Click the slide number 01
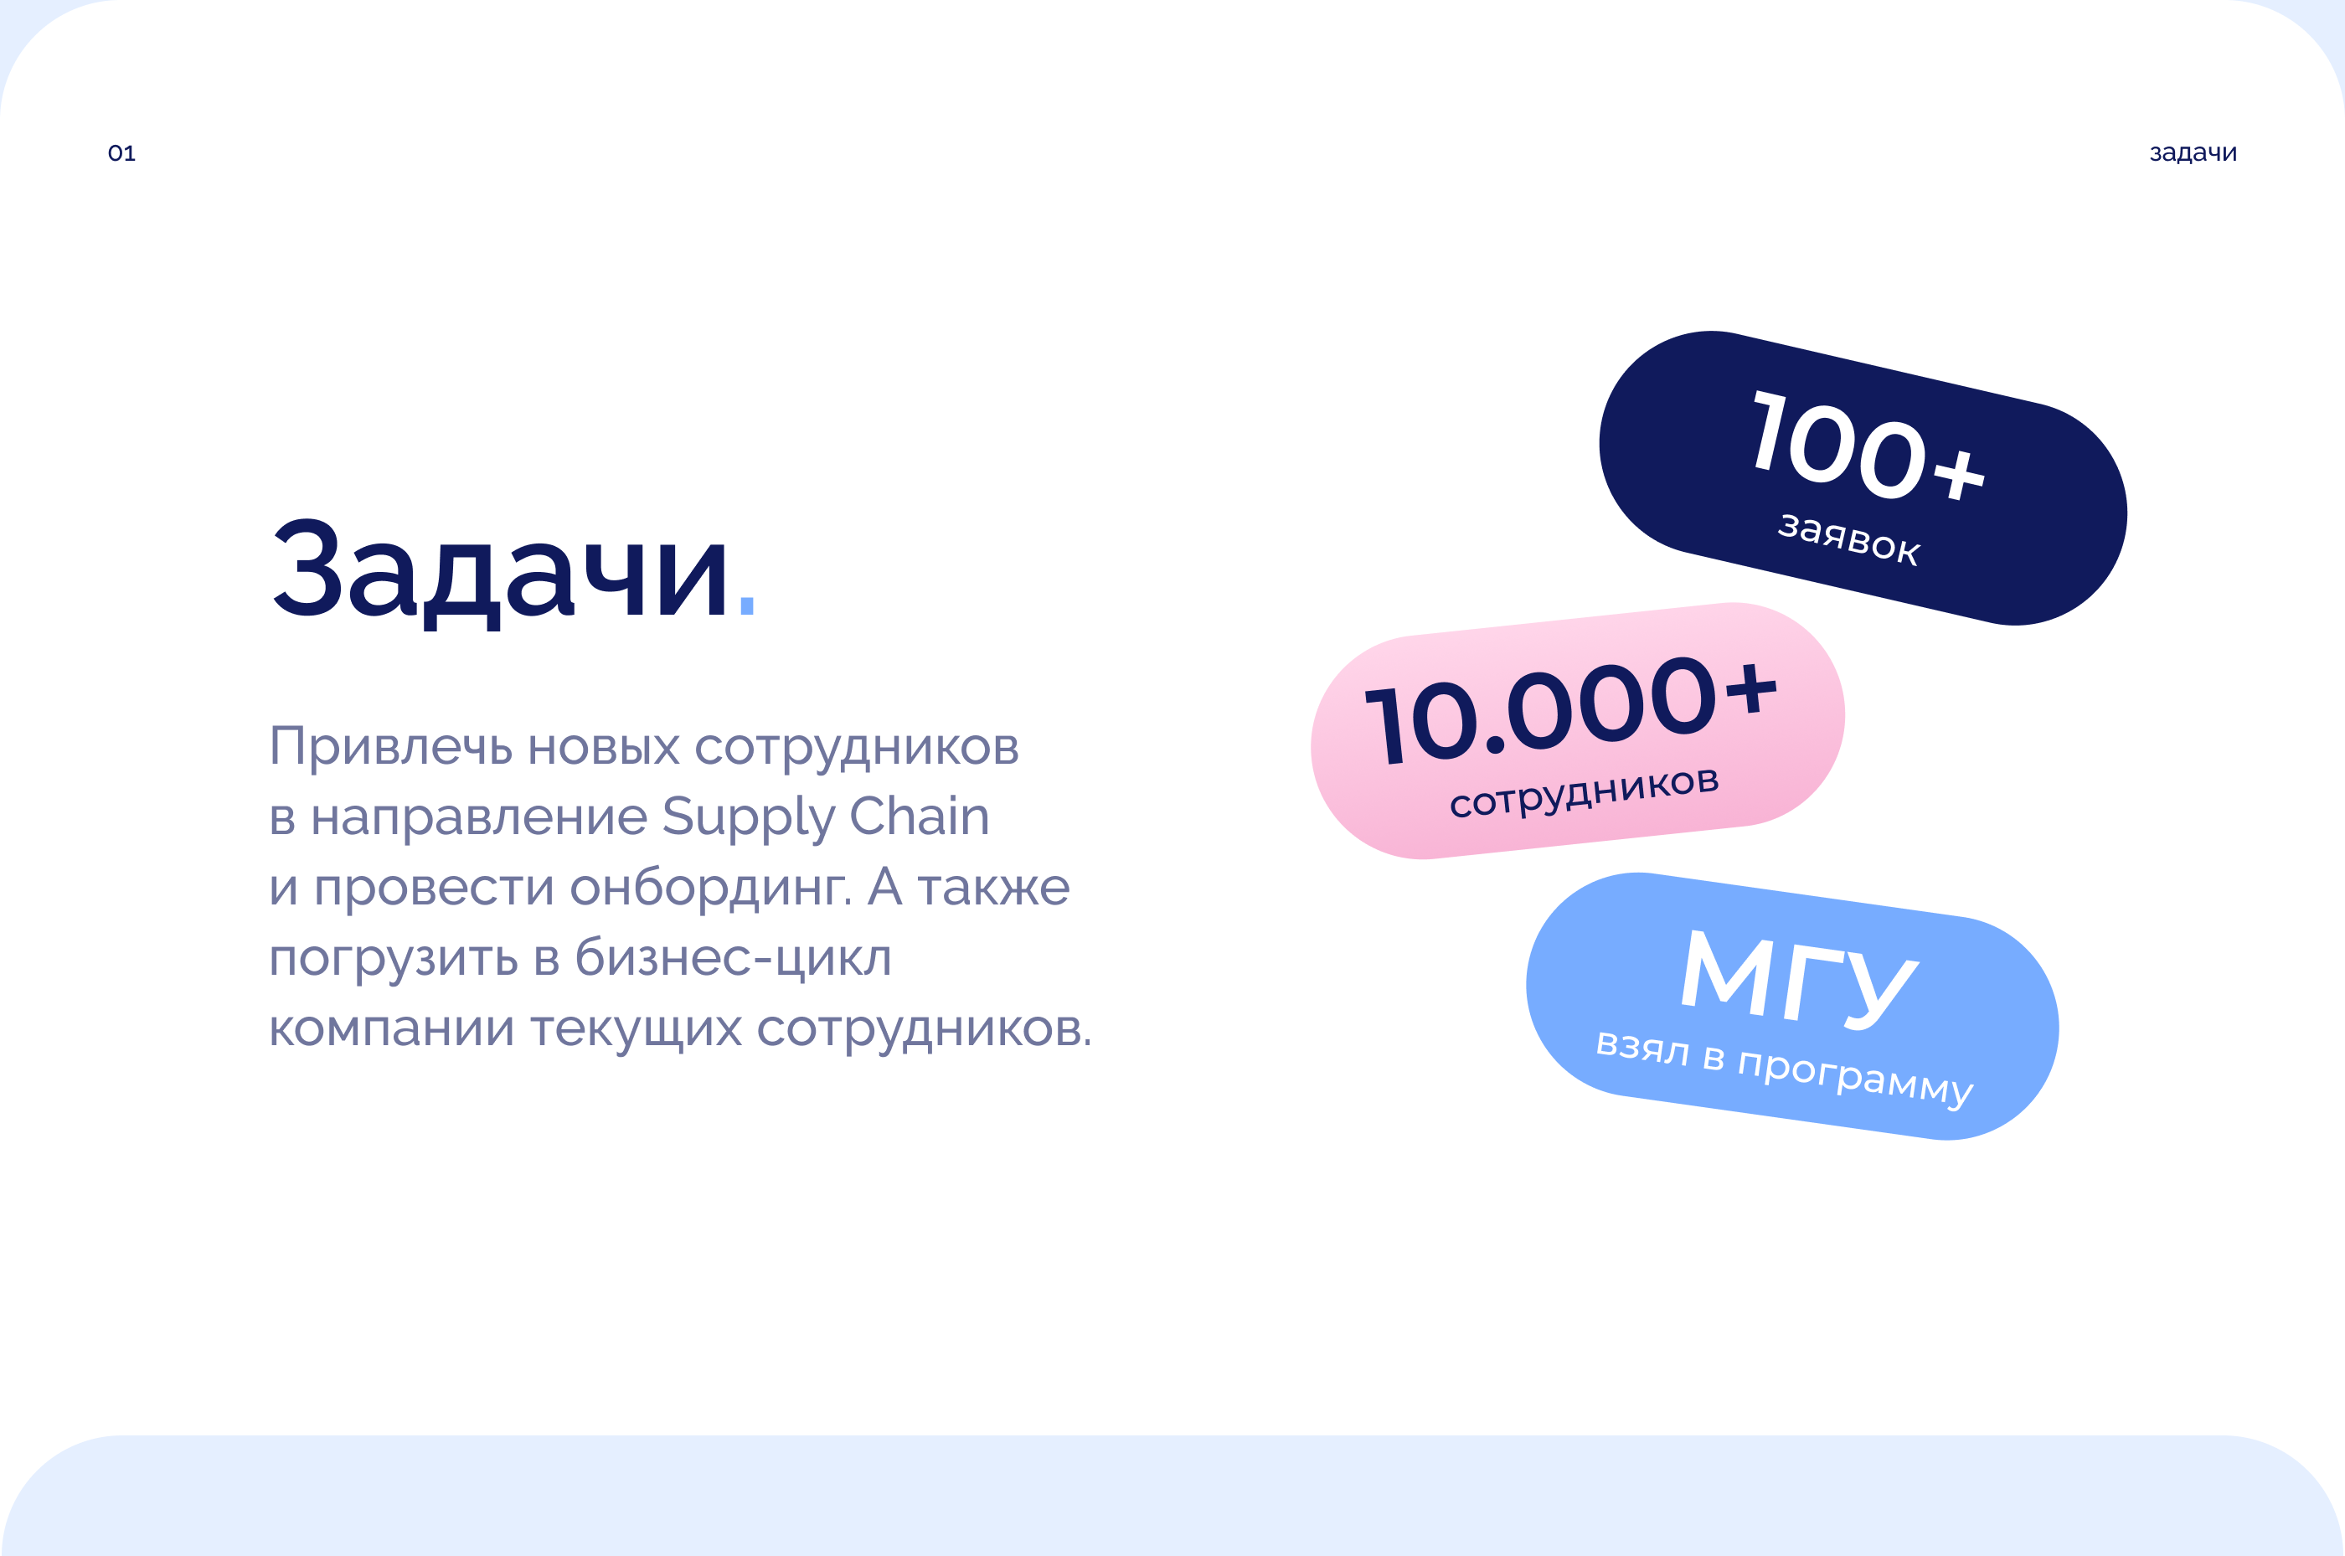point(121,152)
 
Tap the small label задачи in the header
point(2193,152)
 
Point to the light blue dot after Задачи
point(747,605)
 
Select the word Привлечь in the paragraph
point(391,746)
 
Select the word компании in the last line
point(392,1029)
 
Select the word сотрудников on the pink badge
point(1584,792)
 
